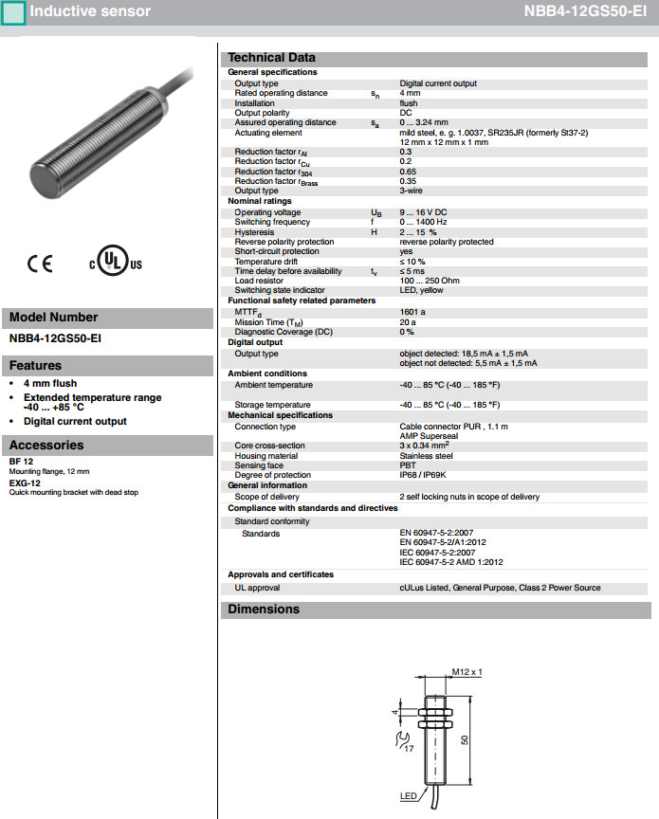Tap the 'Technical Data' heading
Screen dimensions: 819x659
[271, 57]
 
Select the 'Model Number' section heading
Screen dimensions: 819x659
[53, 318]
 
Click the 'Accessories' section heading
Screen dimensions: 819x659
[46, 445]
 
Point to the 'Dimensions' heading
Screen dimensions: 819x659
[264, 610]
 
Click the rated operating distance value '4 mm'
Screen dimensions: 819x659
[410, 93]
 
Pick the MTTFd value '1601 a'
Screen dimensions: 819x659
[412, 311]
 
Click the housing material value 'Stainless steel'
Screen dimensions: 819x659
[428, 456]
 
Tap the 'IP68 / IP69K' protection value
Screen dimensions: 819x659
[426, 475]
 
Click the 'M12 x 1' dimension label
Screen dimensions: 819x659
[467, 672]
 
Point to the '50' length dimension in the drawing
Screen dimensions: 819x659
[464, 740]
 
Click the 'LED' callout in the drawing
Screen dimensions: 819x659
[408, 795]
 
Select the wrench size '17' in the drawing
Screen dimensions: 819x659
[410, 749]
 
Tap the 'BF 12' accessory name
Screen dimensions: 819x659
[21, 463]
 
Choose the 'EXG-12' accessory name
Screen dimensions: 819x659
[25, 482]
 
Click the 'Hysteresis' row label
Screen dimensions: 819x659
[254, 232]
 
